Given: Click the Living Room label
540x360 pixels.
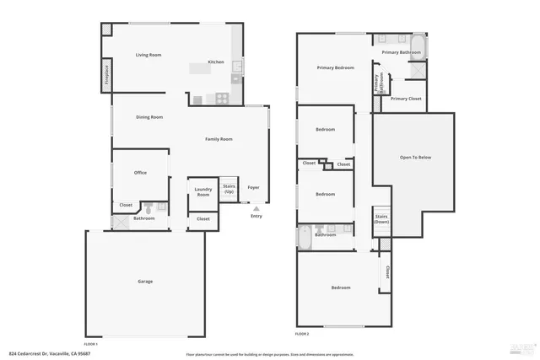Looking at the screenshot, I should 148,55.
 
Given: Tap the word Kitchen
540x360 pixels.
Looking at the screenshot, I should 216,62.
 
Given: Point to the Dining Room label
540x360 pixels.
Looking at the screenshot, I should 149,117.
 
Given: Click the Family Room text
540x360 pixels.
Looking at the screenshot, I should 219,139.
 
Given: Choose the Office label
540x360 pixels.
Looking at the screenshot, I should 140,173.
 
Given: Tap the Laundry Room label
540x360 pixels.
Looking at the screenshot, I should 202,192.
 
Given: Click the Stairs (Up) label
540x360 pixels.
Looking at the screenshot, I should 228,190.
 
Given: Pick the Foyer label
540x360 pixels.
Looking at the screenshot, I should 253,187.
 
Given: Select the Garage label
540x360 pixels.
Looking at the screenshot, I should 145,281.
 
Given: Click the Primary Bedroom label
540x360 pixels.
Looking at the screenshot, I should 335,67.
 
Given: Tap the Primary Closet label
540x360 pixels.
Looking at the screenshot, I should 406,99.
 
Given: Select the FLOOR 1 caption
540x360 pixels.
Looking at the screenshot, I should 90,344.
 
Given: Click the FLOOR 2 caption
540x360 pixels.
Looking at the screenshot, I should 302,335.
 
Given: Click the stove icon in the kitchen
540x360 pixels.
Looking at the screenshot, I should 221,98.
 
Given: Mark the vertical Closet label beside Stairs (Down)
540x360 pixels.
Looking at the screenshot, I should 387,272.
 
